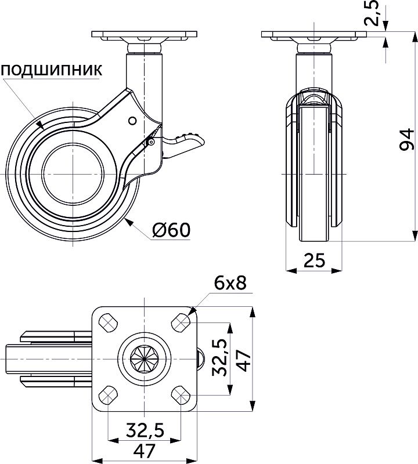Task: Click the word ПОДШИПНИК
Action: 52,71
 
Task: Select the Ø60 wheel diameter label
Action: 171,230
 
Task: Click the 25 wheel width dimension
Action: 314,260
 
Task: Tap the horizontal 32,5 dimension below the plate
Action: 145,430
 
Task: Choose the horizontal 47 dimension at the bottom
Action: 145,451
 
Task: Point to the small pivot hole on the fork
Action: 132,121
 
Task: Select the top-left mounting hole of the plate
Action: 107,321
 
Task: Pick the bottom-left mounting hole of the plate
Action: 107,396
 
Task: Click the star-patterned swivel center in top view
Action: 145,358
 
